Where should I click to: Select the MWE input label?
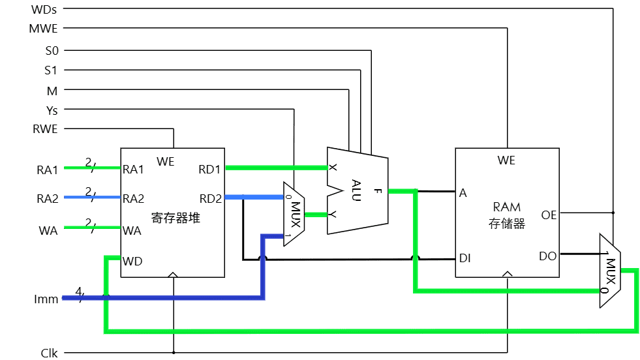tap(44, 29)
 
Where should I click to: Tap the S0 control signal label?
tap(51, 50)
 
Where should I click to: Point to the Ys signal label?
tap(52, 110)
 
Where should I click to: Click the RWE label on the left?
tap(45, 129)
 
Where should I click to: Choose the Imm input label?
tap(46, 299)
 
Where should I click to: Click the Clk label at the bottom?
tap(49, 353)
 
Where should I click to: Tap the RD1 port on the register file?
tap(210, 170)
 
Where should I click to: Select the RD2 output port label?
tap(210, 198)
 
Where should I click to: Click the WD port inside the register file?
tap(132, 262)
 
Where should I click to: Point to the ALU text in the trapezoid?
tap(356, 190)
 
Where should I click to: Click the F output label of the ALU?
tap(378, 191)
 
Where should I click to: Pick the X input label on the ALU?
tap(333, 168)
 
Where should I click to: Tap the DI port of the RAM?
tap(465, 258)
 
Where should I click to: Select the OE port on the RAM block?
tap(549, 215)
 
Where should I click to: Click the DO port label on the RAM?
tap(548, 256)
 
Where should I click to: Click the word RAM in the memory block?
tap(506, 208)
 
